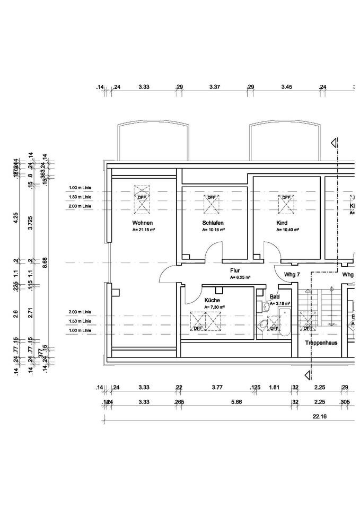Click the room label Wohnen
[143, 223]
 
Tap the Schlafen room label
[212, 223]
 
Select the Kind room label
[281, 223]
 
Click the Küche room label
[212, 300]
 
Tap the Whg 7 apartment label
[292, 275]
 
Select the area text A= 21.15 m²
[143, 231]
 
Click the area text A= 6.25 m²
[240, 277]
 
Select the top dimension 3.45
[287, 86]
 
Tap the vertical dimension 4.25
[17, 217]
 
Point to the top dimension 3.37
[215, 86]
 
